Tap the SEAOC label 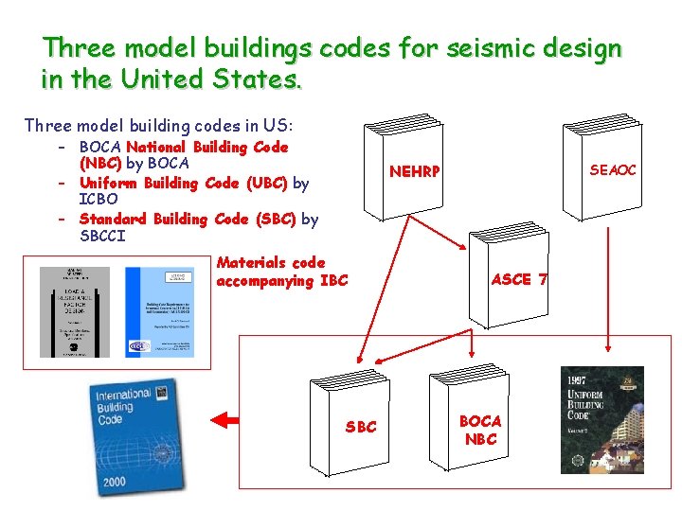613,170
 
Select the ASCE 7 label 518,279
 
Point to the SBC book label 361,427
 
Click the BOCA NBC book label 480,430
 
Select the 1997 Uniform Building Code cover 601,419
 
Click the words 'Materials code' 270,263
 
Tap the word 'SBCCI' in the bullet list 102,236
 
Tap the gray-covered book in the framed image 75,311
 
